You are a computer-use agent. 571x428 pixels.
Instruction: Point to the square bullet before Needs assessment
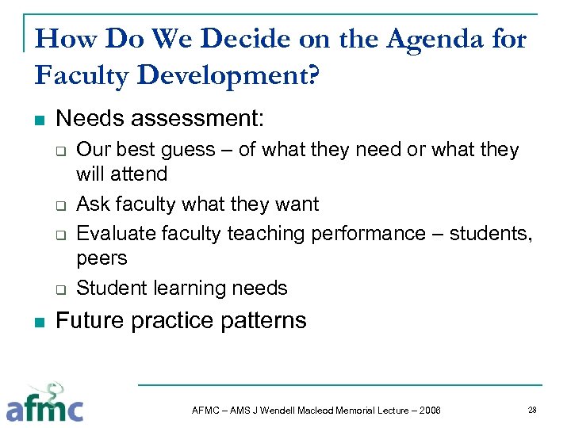click(40, 121)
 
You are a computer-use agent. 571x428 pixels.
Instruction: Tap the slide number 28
click(533, 410)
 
